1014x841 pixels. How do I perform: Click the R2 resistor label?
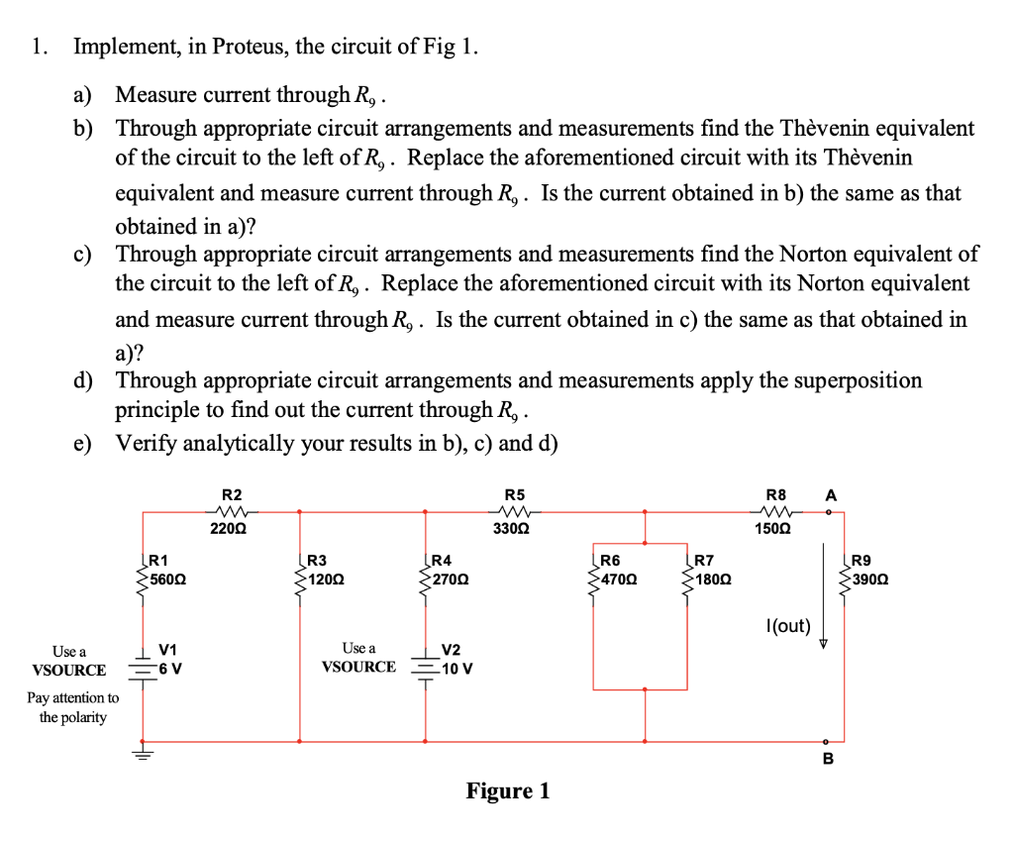tap(231, 494)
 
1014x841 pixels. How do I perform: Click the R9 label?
tap(862, 562)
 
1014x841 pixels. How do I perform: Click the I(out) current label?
tap(788, 626)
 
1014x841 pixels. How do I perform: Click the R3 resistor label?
tap(316, 562)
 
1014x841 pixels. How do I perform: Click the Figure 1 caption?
tap(508, 790)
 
